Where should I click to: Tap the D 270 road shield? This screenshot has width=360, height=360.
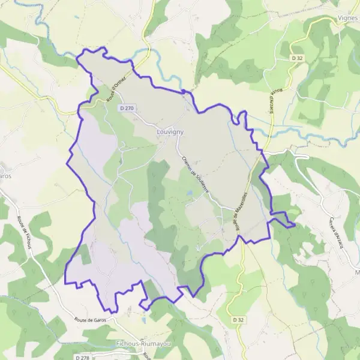(x=126, y=109)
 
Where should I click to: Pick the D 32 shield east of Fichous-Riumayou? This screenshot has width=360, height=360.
(x=239, y=320)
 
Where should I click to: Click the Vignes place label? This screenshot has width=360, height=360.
(x=348, y=19)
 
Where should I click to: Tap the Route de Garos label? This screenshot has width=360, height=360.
(x=92, y=320)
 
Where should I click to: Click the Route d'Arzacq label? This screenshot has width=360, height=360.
(x=276, y=102)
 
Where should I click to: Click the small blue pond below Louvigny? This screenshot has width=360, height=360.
(x=188, y=193)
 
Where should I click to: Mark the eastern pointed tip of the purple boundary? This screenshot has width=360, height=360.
(x=295, y=226)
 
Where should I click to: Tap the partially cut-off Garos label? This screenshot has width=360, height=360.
(x=5, y=176)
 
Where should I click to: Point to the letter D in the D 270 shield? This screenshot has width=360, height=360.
(x=122, y=109)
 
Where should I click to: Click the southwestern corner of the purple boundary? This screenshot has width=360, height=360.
(x=65, y=282)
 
